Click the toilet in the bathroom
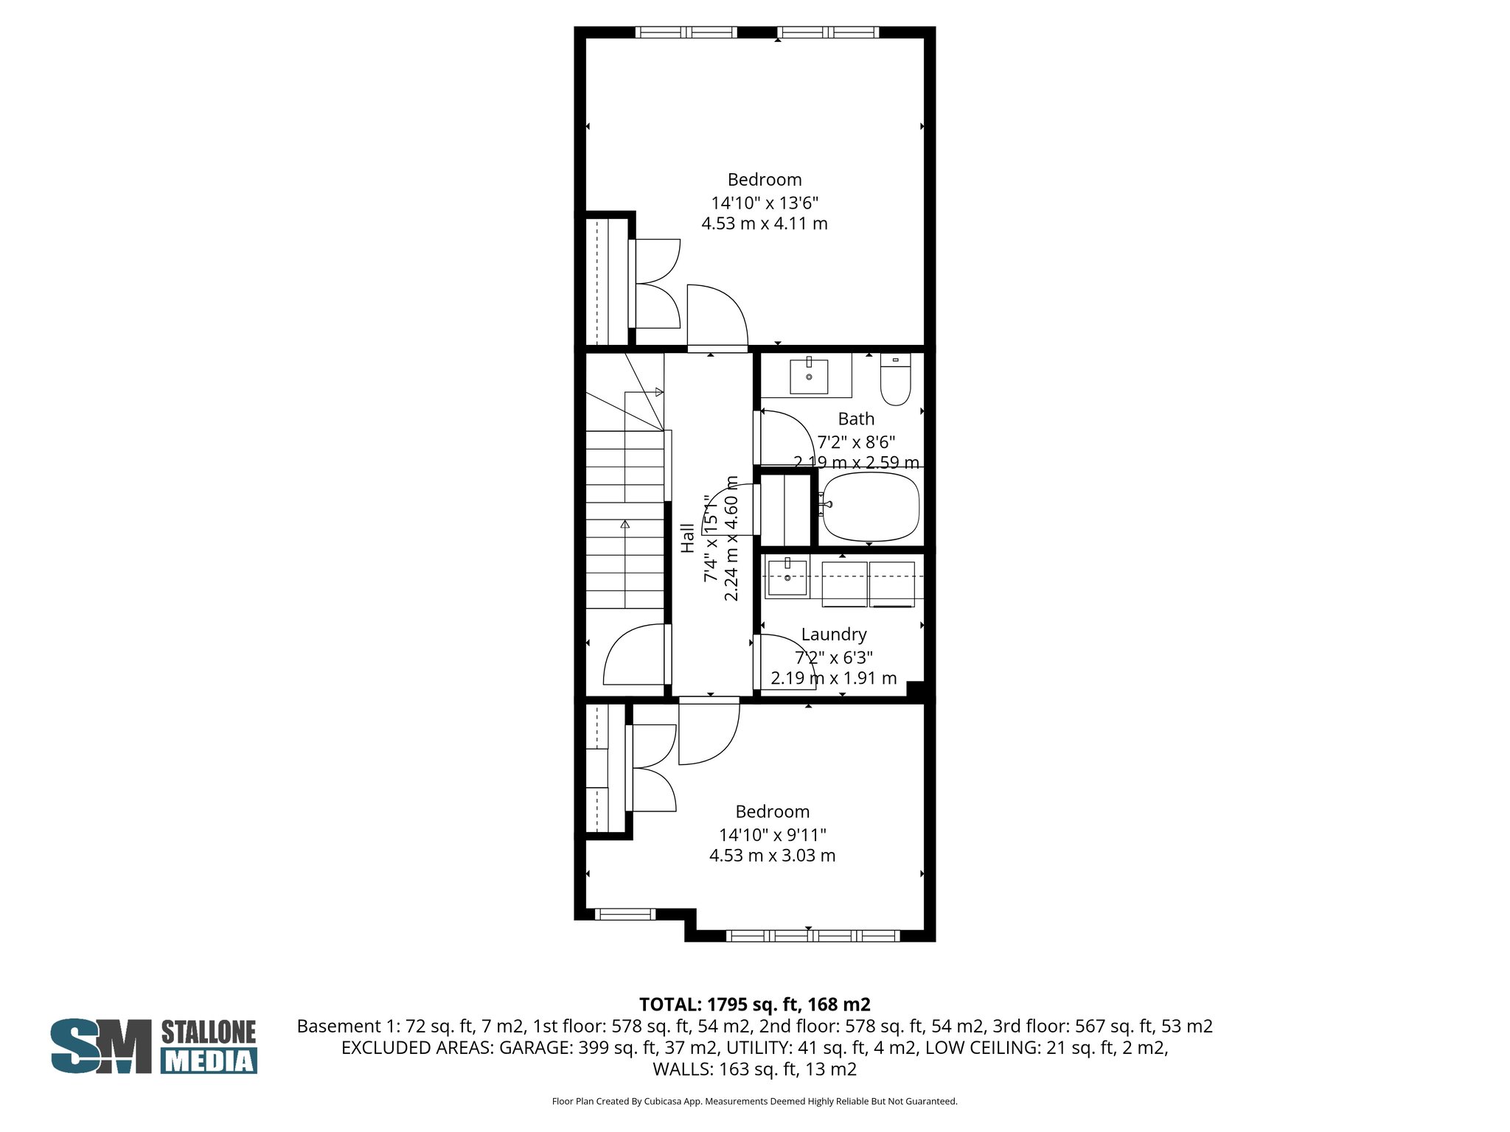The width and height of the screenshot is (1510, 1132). pyautogui.click(x=895, y=380)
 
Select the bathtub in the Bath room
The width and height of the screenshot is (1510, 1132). pyautogui.click(x=871, y=506)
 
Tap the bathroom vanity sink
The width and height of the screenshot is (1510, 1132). pyautogui.click(x=809, y=377)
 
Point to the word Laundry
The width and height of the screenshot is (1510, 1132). pyautogui.click(x=833, y=635)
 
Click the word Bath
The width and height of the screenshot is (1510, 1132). pyautogui.click(x=856, y=419)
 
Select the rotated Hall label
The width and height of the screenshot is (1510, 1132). pyautogui.click(x=687, y=538)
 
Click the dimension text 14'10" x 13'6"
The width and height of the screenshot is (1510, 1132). pyautogui.click(x=765, y=202)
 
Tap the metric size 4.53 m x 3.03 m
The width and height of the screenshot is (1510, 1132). pyautogui.click(x=772, y=856)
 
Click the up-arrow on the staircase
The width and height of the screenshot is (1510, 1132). pyautogui.click(x=625, y=525)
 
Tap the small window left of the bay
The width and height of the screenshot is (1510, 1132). pyautogui.click(x=624, y=915)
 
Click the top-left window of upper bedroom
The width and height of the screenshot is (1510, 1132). pyautogui.click(x=686, y=32)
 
